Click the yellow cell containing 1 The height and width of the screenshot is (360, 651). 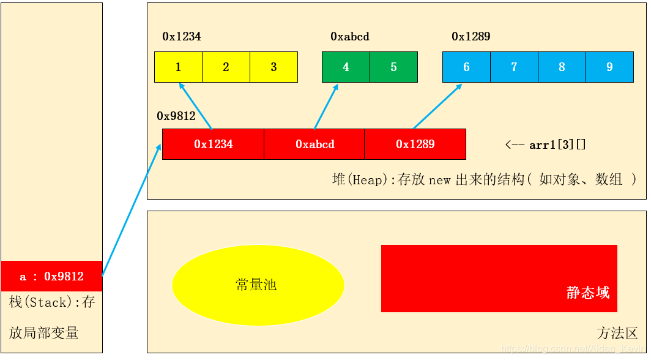pos(178,67)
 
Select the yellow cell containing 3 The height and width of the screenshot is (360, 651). pos(273,67)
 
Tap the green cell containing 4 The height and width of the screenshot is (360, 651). pos(346,67)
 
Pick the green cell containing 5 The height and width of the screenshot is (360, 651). pos(393,67)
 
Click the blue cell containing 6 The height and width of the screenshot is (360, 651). pos(466,67)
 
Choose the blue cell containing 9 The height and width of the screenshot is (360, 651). pos(609,67)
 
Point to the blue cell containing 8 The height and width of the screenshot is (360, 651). pos(562,67)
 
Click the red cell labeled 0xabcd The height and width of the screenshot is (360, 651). pos(314,144)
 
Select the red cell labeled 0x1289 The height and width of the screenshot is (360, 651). pos(415,144)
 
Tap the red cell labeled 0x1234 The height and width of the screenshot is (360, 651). pos(213,144)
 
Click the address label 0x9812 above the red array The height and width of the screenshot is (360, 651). pos(176,116)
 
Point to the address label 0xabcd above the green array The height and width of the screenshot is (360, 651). pos(350,37)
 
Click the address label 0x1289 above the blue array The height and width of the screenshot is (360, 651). pos(471,37)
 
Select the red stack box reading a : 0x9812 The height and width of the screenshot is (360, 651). pos(51,276)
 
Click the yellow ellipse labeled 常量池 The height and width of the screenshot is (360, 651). pos(258,285)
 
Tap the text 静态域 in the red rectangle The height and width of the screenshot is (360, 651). pos(588,293)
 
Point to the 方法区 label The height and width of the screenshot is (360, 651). pos(617,333)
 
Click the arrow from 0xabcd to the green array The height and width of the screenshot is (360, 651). pos(326,107)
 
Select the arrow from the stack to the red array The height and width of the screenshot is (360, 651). pos(132,210)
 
